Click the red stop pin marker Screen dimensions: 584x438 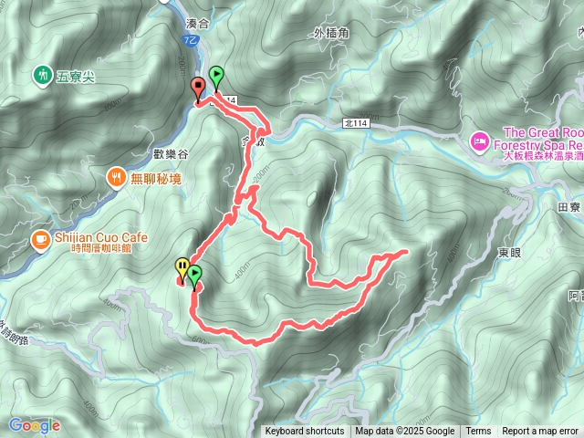click(197, 88)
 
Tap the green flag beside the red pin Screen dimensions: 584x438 click(216, 76)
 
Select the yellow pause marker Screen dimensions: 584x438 click(182, 267)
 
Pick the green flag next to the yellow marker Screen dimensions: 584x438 click(194, 274)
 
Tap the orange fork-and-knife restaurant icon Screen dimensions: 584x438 click(116, 176)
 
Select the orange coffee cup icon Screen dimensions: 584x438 click(40, 240)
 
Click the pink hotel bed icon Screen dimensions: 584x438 click(479, 141)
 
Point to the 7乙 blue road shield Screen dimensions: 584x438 click(188, 43)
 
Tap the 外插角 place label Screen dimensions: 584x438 click(330, 34)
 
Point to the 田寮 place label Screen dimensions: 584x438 click(568, 207)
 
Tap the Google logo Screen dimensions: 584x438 click(34, 425)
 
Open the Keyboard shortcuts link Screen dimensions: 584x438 click(305, 432)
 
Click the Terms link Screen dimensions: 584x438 click(478, 432)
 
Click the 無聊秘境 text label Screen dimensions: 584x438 click(156, 176)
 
